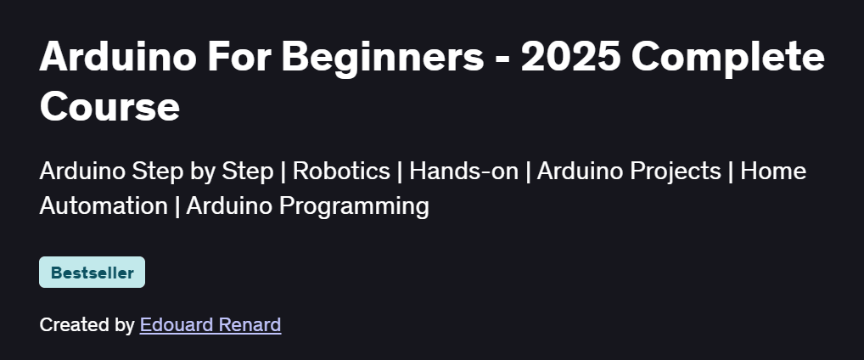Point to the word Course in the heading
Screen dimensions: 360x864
(x=109, y=107)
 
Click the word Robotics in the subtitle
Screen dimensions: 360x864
(x=341, y=171)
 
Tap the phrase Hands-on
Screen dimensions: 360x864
(x=463, y=171)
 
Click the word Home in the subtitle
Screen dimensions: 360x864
(x=773, y=171)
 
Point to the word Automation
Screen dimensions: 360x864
(x=104, y=205)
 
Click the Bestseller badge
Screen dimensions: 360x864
(x=92, y=273)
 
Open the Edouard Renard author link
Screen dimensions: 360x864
(x=210, y=324)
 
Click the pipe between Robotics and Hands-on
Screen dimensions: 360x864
(x=400, y=171)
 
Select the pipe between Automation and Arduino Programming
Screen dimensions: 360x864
(x=177, y=205)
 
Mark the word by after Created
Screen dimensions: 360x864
(x=125, y=324)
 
